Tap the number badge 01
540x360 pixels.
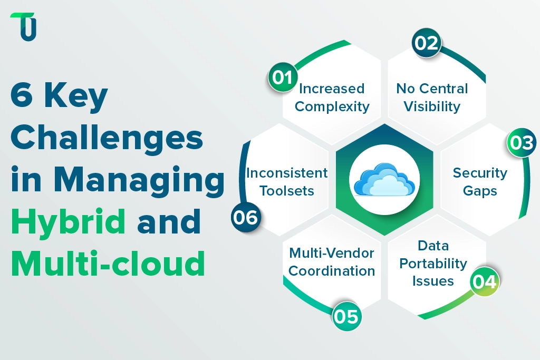pos(283,77)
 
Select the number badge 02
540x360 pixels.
pos(426,43)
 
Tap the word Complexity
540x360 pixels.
pos(332,106)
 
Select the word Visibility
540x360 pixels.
pos(432,106)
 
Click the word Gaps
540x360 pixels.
pos(480,191)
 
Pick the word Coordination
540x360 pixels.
pos(332,271)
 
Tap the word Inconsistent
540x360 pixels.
pos(287,173)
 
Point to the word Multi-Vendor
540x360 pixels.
pos(332,253)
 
